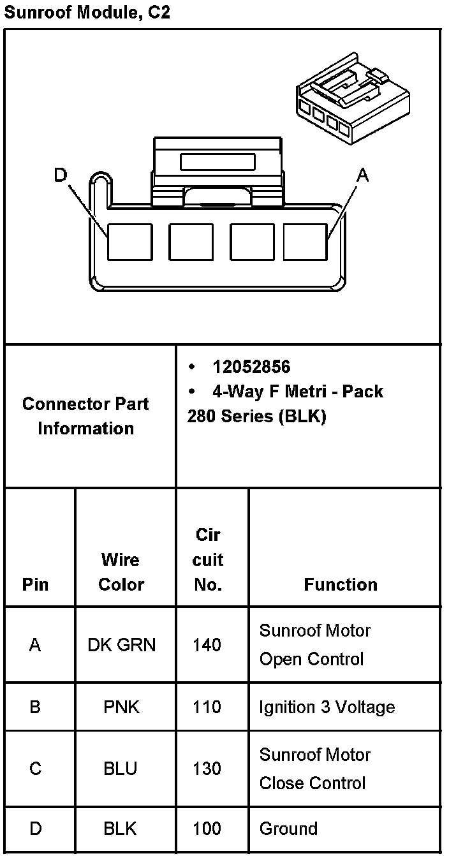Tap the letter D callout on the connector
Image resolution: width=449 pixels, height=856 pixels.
(x=60, y=175)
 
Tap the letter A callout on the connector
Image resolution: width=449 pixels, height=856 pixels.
(x=362, y=175)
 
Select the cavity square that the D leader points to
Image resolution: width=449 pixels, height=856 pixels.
(x=129, y=242)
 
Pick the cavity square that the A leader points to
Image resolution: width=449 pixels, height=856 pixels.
(x=305, y=242)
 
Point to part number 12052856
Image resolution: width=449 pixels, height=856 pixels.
(x=251, y=367)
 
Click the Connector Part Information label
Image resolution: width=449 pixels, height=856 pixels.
(x=85, y=416)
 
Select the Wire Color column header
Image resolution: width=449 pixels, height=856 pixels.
(x=121, y=572)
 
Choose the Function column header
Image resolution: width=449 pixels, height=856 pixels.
(x=341, y=584)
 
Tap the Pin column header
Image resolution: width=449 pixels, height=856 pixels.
(x=35, y=584)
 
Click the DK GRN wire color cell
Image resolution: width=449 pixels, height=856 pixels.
(x=121, y=645)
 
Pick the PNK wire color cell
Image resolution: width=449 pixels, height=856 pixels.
(x=121, y=707)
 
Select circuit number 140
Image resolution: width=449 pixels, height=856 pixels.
(x=207, y=645)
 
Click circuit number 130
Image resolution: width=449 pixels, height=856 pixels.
(x=207, y=769)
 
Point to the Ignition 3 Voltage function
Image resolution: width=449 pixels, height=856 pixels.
(x=327, y=707)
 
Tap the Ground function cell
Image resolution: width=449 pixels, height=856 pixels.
(x=288, y=829)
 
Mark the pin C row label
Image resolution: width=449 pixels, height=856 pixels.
(x=35, y=769)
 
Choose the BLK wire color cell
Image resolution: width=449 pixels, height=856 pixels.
(x=121, y=829)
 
